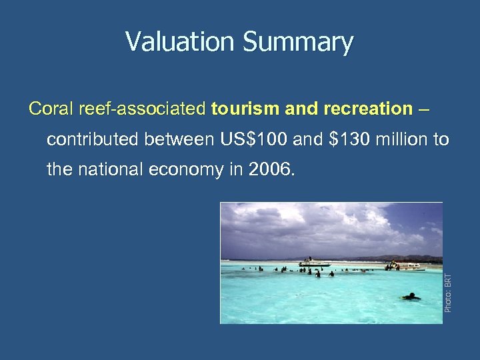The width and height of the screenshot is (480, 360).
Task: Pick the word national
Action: click(x=112, y=169)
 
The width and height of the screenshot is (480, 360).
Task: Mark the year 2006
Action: click(x=269, y=169)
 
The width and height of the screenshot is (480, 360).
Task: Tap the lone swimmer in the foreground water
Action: click(x=411, y=296)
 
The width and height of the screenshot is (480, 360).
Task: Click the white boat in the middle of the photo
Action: click(x=314, y=263)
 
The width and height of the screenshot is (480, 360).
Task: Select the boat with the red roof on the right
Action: click(x=407, y=265)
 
